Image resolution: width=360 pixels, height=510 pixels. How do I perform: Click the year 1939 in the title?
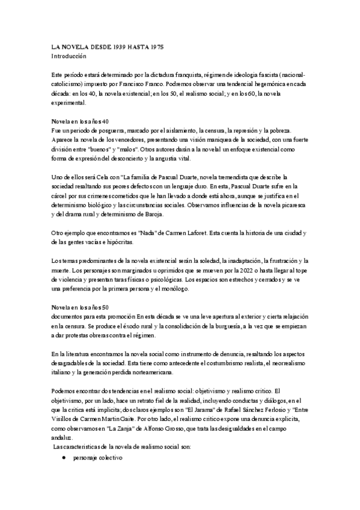(x=121, y=46)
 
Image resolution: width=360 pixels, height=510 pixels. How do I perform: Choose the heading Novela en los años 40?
(x=79, y=121)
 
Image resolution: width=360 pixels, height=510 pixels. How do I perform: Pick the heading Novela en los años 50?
(x=79, y=307)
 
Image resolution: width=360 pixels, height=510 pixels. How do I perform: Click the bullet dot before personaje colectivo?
(x=63, y=457)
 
